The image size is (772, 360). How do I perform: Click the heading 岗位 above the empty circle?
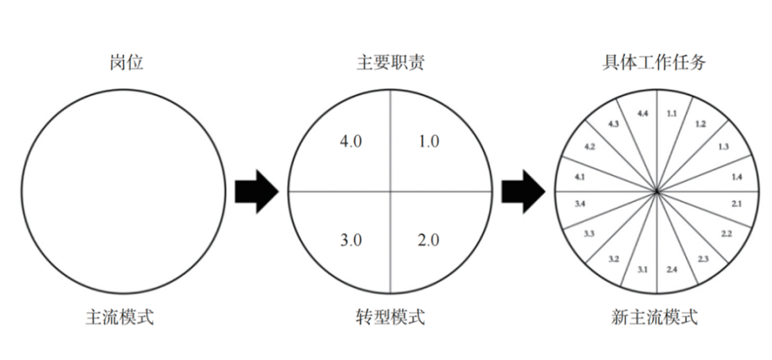127,63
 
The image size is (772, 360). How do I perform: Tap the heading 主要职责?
390,63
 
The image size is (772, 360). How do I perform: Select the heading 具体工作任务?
655,63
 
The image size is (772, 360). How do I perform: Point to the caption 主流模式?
120,317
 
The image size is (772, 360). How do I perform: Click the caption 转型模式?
390,317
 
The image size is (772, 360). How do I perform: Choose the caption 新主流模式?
655,317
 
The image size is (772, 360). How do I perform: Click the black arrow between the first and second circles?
257,192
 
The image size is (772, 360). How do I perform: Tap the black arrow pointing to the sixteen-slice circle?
524,192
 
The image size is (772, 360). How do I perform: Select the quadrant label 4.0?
351,142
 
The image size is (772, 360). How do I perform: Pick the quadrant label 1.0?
428,142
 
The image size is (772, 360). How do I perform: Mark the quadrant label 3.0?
351,241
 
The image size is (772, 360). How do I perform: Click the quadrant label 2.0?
428,241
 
